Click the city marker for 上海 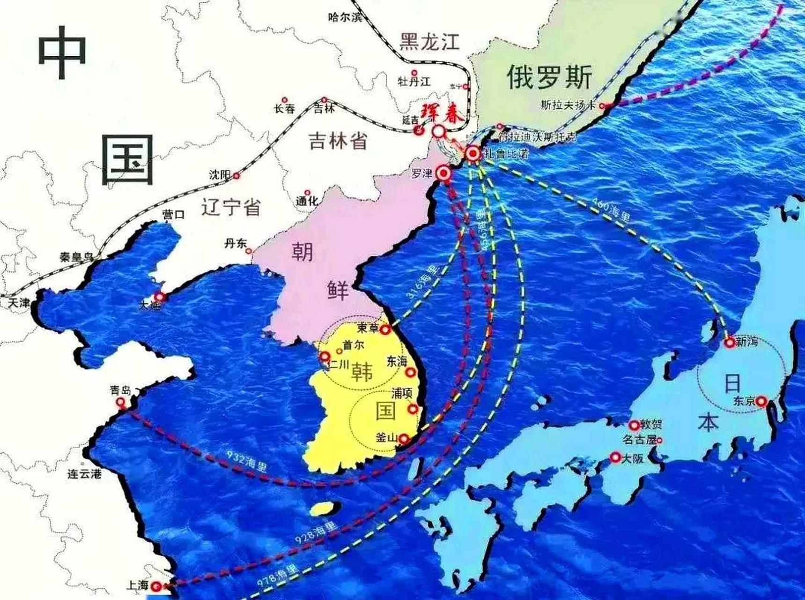[157, 586]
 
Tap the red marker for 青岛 [121, 402]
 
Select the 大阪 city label [632, 458]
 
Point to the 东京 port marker [761, 401]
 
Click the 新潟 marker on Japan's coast [729, 343]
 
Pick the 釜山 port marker [403, 439]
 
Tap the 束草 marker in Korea [385, 330]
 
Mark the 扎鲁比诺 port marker [473, 154]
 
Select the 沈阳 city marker [236, 176]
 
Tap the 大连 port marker [160, 297]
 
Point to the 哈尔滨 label [345, 17]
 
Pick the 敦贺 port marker [634, 425]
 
